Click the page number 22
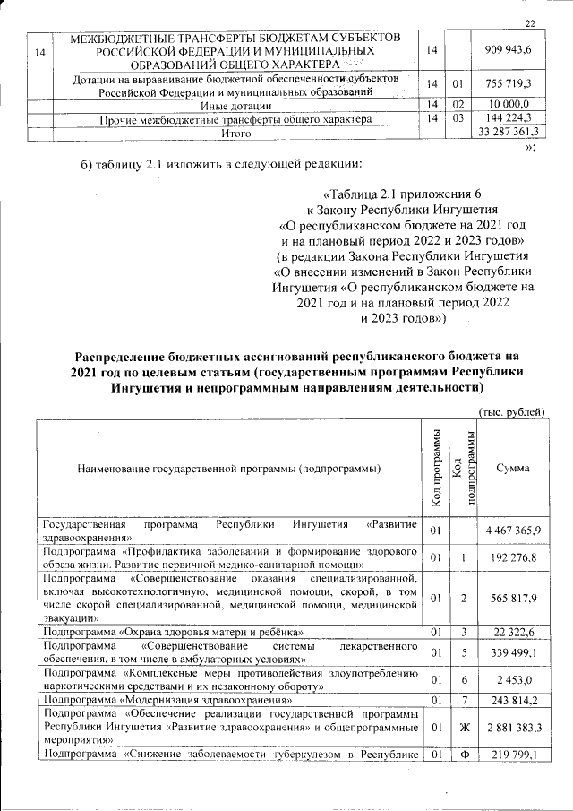(x=530, y=23)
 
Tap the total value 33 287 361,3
(x=509, y=134)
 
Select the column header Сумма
(x=512, y=468)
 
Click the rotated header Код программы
(x=435, y=468)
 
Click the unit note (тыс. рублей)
(x=512, y=411)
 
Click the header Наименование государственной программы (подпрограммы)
(x=228, y=468)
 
